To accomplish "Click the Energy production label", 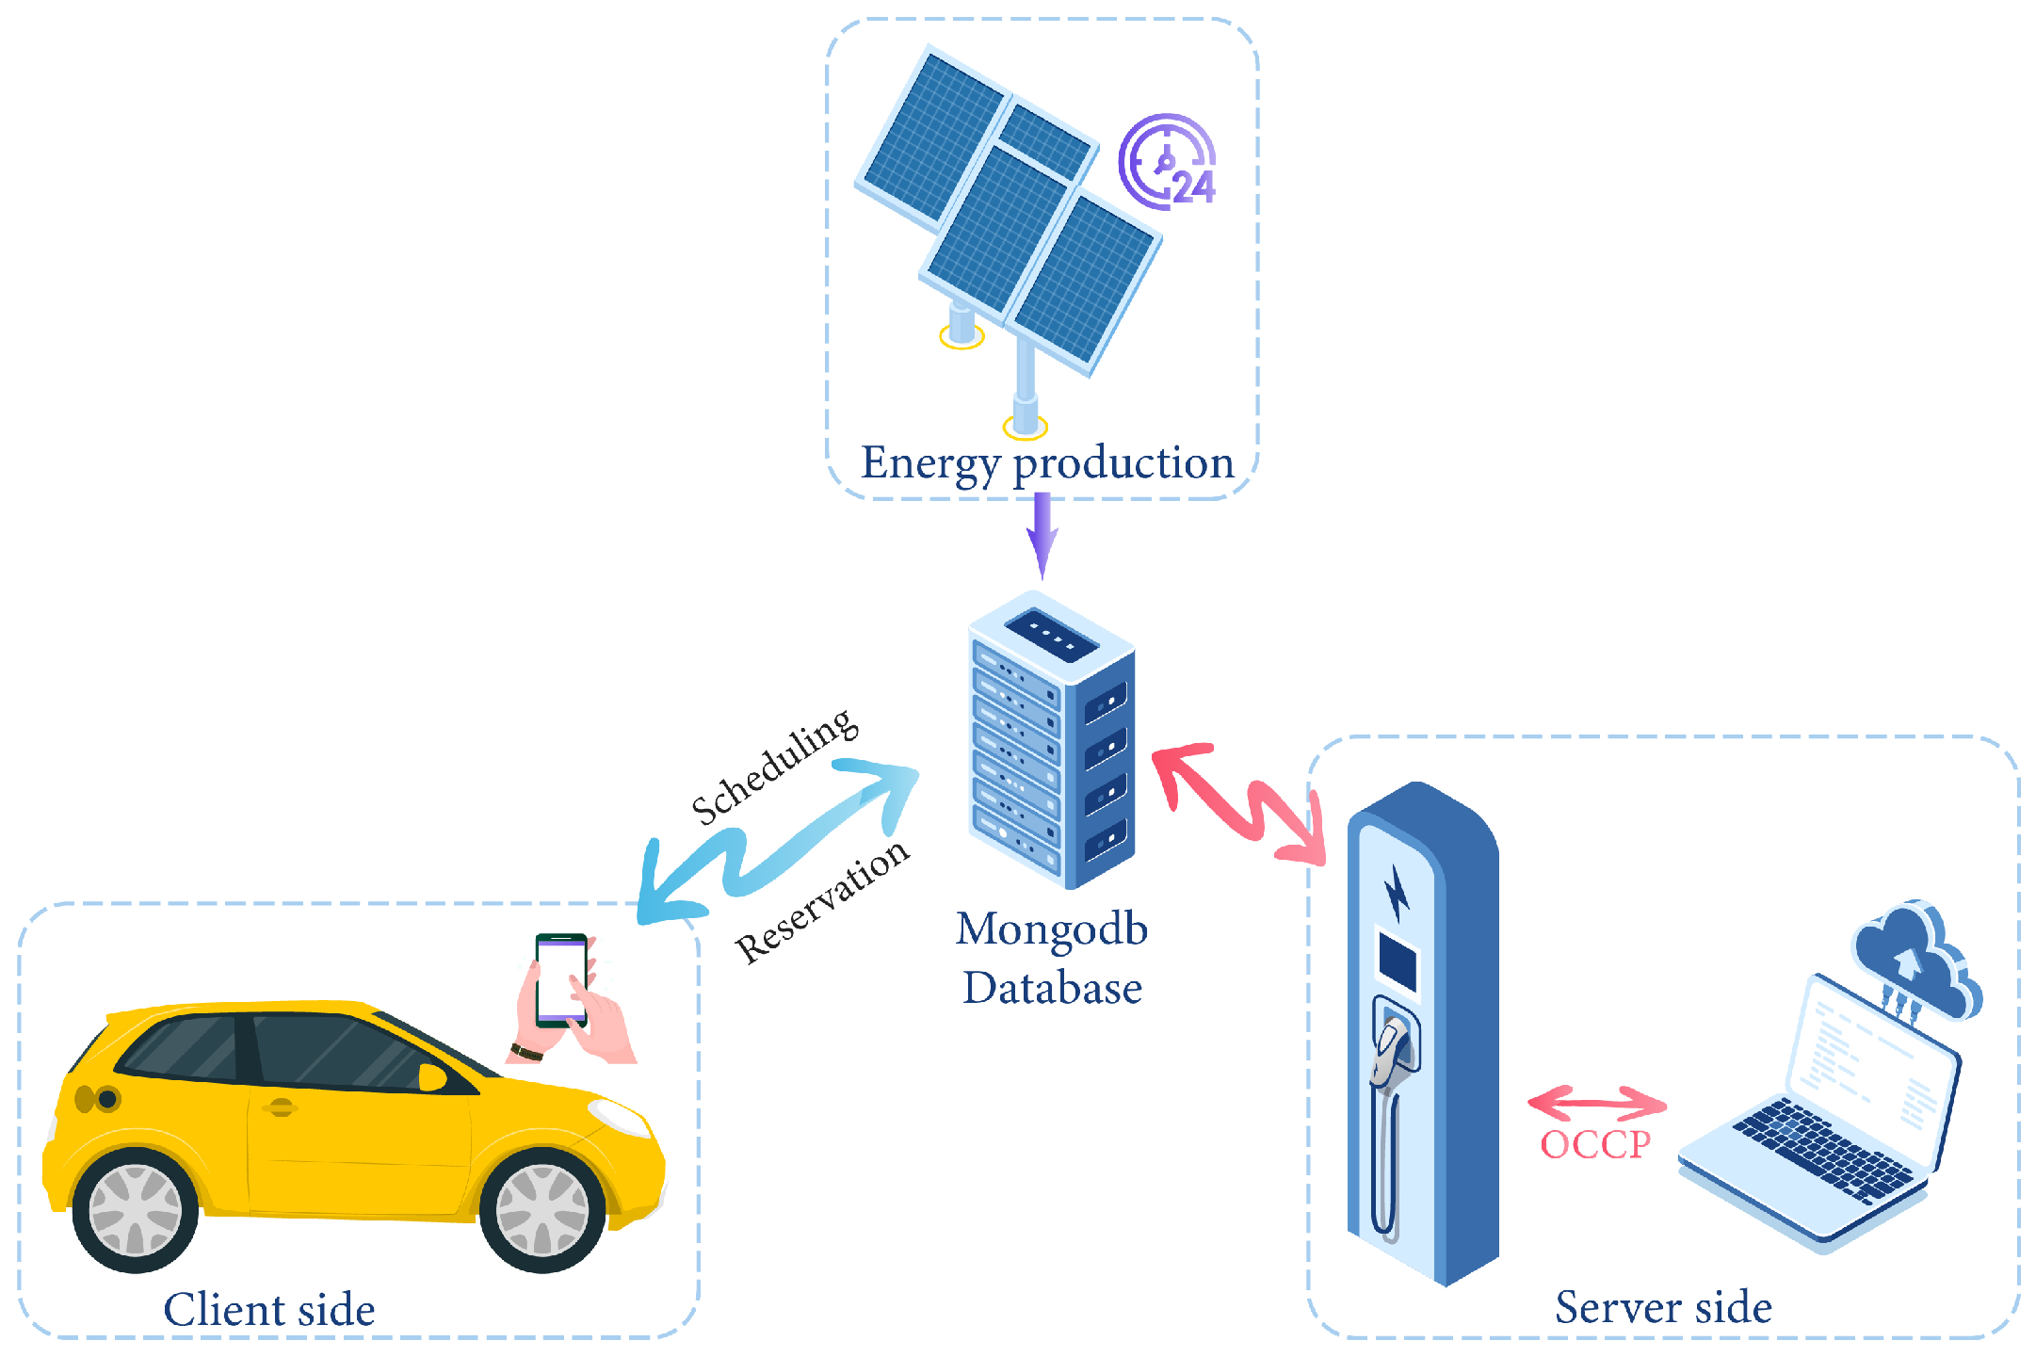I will click(x=1047, y=463).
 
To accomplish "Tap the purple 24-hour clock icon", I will click(x=1168, y=162).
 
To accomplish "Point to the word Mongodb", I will click(x=1051, y=929).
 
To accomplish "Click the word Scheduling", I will click(x=774, y=766).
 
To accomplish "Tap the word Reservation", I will click(x=822, y=901).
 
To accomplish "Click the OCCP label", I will click(x=1595, y=1145).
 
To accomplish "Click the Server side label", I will click(x=1663, y=1307).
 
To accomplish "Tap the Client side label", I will click(x=269, y=1310).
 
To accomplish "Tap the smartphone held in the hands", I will click(x=561, y=979).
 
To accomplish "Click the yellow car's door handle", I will click(x=281, y=1107).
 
